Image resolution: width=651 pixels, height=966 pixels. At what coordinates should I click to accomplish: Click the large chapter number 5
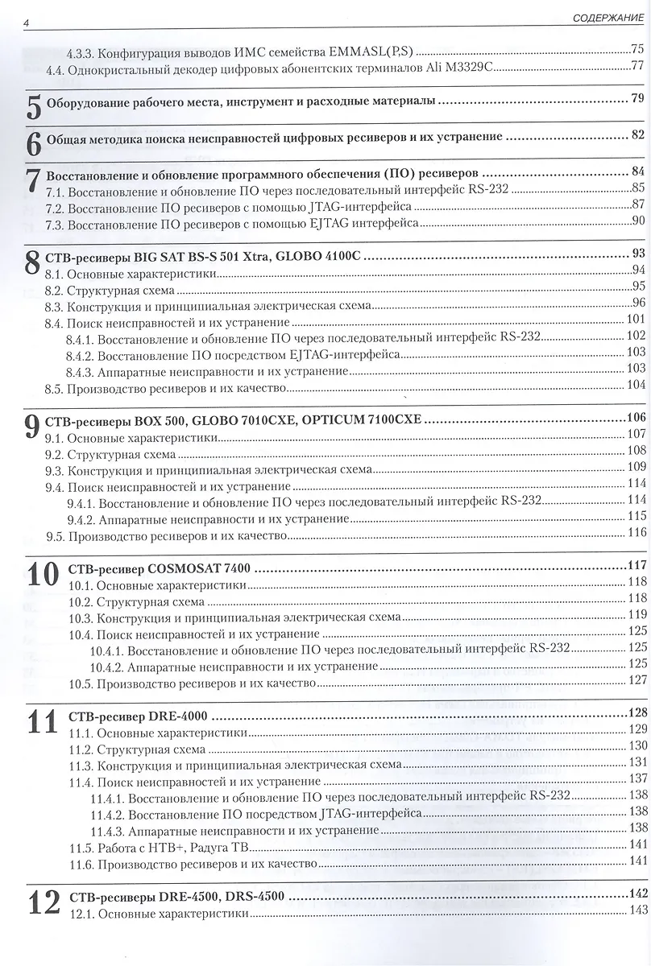tap(33, 105)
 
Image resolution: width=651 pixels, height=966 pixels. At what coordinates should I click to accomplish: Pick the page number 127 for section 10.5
tap(637, 681)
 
